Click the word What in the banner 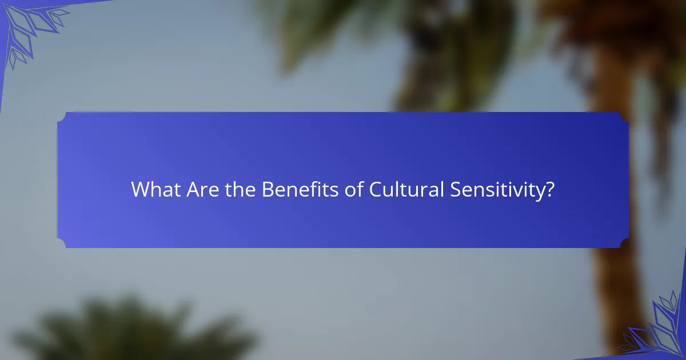click(x=156, y=190)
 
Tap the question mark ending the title click(x=549, y=190)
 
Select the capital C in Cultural click(x=376, y=190)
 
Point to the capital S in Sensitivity click(x=456, y=190)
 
